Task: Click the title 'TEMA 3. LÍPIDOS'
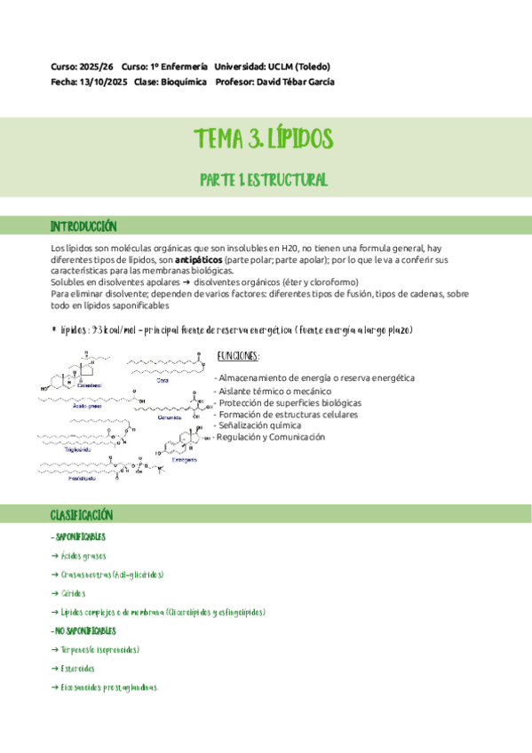tap(264, 139)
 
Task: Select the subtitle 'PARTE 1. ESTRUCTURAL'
tap(264, 179)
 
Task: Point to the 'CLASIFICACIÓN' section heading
tap(82, 515)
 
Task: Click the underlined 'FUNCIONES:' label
tap(239, 356)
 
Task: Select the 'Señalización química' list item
tap(260, 425)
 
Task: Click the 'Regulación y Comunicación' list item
tap(271, 437)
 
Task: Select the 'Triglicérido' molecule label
tap(55, 449)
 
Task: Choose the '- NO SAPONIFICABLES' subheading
tap(83, 630)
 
